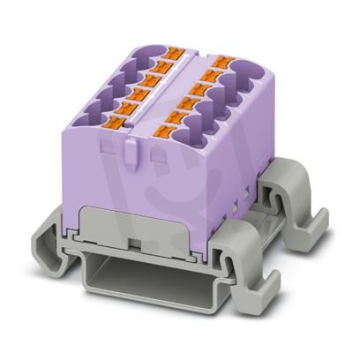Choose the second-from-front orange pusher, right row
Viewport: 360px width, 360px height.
pyautogui.click(x=176, y=116)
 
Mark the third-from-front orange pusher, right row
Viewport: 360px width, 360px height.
pyautogui.click(x=188, y=101)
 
